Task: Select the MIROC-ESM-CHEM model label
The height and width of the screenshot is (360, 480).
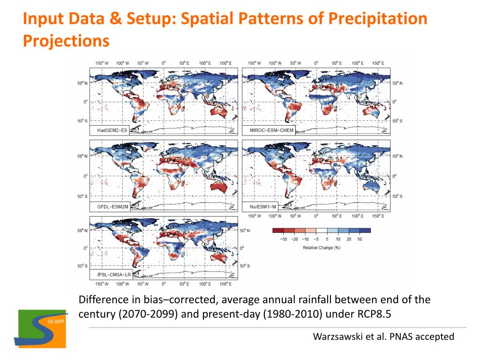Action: [268, 130]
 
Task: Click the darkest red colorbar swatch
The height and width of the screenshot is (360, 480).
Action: [278, 231]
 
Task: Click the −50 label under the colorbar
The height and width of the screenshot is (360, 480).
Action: [283, 239]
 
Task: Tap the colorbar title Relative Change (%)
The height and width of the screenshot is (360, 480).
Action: [321, 247]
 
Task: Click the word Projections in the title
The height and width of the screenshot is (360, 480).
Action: [66, 41]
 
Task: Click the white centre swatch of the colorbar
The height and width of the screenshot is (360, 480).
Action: [321, 231]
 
